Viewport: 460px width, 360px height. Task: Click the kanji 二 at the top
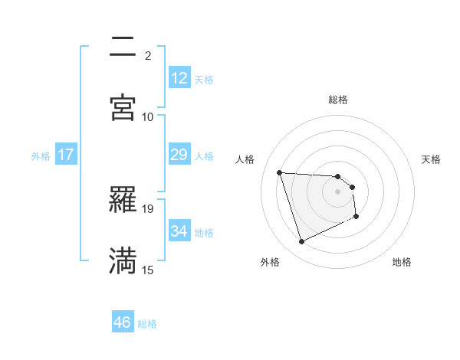point(123,47)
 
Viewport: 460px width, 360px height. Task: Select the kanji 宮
point(123,107)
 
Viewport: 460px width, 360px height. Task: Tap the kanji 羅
point(123,200)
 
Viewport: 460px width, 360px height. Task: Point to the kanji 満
point(123,261)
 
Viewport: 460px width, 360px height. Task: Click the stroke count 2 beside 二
point(148,55)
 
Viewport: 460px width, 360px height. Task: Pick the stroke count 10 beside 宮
point(148,116)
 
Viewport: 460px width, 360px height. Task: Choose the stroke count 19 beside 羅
point(148,208)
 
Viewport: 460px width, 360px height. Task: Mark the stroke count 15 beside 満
point(148,270)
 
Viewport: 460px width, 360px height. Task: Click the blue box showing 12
point(179,78)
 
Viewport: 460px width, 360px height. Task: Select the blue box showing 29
point(179,155)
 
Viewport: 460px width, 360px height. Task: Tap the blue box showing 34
point(179,231)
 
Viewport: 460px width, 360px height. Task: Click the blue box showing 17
point(66,155)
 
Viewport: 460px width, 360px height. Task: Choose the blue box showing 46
point(123,322)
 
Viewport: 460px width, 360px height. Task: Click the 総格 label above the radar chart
point(338,100)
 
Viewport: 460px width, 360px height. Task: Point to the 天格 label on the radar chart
point(431,159)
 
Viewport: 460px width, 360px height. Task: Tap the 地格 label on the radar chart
point(402,262)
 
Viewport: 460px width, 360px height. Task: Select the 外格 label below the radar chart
point(270,262)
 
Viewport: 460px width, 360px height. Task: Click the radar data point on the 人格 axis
point(280,172)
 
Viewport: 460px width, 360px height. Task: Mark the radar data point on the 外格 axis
point(301,242)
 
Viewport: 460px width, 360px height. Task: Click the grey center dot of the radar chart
point(338,191)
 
